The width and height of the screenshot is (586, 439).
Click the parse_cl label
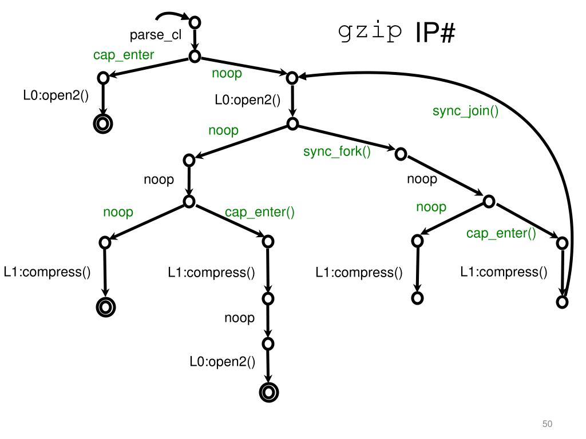tap(156, 35)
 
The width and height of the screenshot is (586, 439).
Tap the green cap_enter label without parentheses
tap(124, 55)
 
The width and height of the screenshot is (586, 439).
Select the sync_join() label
tap(465, 111)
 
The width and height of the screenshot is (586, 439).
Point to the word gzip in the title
tap(370, 34)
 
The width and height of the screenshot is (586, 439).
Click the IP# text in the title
tap(435, 35)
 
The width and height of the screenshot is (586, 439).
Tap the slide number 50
tap(548, 424)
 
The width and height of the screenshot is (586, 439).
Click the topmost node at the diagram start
tap(195, 22)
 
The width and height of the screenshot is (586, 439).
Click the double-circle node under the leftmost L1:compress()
tap(106, 308)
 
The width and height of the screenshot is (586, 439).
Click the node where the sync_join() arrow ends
tap(292, 77)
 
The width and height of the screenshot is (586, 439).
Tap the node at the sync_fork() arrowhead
tap(401, 153)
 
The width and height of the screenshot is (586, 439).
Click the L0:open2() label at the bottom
tap(223, 362)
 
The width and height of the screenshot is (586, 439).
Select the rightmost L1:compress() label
tap(504, 272)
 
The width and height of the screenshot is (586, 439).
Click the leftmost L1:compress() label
tap(47, 272)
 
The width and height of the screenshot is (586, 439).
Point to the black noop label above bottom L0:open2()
tap(239, 318)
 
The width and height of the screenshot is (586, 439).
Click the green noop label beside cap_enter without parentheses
tap(227, 74)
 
